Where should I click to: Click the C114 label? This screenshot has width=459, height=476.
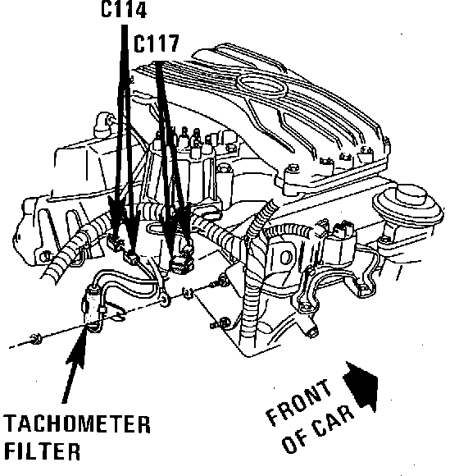(x=124, y=9)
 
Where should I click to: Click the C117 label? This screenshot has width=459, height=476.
(x=156, y=43)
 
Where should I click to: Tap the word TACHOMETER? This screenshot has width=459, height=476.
(x=77, y=424)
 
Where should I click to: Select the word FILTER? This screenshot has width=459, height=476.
(x=43, y=451)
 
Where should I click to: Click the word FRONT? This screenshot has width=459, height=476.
(x=298, y=401)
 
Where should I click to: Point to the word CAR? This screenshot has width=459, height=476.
(x=333, y=423)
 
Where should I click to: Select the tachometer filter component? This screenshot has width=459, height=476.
(x=92, y=309)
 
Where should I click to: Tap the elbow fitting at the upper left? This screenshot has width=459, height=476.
(x=103, y=125)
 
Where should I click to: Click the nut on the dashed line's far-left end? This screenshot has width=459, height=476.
(x=36, y=339)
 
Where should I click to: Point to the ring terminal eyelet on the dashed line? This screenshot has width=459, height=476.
(x=166, y=300)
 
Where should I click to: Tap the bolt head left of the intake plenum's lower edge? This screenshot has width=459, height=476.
(x=293, y=169)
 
